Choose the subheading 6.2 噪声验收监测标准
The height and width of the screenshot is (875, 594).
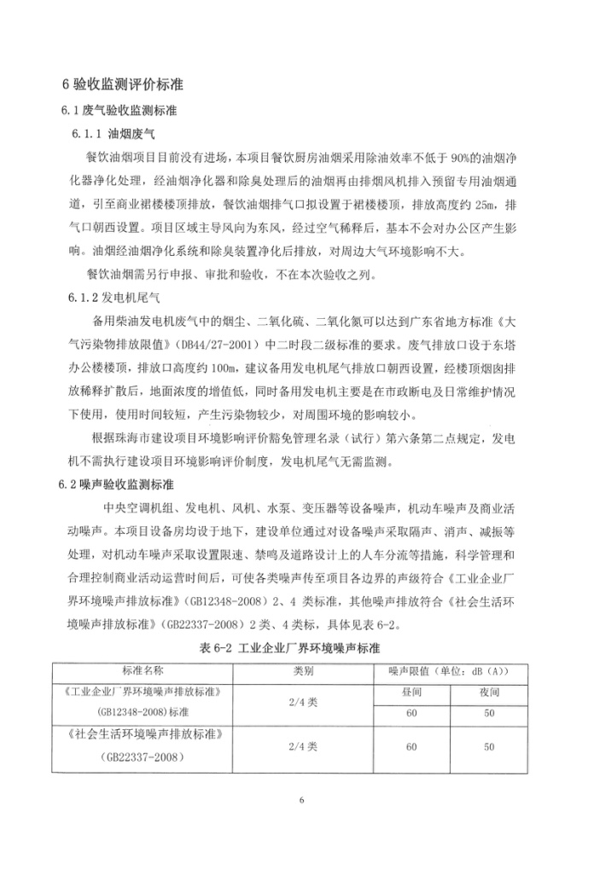click(116, 484)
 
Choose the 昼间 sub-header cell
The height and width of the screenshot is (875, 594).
click(411, 692)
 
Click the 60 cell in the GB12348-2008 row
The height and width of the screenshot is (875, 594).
click(411, 711)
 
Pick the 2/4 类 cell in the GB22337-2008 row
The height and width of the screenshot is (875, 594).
click(305, 747)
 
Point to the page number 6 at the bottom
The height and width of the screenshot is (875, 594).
click(302, 800)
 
